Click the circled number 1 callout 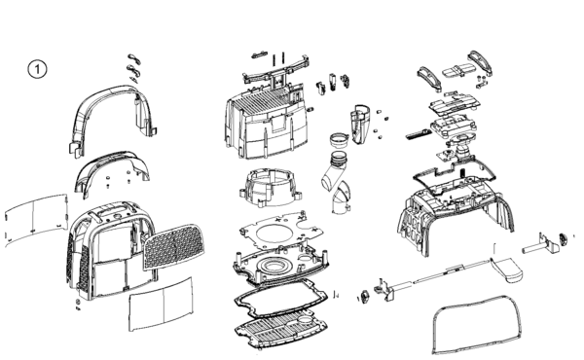tap(38, 69)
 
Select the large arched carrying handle tap(112, 93)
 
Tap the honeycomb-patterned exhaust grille tap(174, 246)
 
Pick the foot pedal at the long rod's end tap(507, 269)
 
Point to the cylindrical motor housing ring tap(270, 187)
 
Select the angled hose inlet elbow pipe tap(335, 175)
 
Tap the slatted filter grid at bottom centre tap(281, 333)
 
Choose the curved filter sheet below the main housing tap(161, 305)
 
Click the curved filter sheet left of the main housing tap(36, 220)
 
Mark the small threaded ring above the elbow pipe tap(340, 140)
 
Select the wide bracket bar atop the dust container tap(276, 71)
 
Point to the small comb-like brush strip tap(417, 134)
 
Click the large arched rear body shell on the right tap(455, 208)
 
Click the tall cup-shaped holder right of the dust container tap(360, 125)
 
